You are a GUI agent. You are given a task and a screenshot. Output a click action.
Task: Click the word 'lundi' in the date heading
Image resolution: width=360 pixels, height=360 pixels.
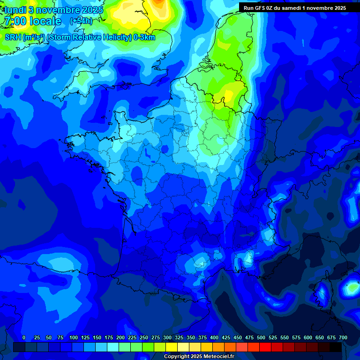pos(15,10)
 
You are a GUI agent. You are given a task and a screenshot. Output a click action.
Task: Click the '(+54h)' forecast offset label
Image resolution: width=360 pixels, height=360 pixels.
pos(81,21)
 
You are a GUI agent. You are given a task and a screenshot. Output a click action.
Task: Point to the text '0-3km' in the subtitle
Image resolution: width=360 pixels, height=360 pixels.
pos(145,37)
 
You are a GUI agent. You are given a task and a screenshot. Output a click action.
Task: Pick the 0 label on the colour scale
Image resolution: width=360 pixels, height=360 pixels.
pos(24,337)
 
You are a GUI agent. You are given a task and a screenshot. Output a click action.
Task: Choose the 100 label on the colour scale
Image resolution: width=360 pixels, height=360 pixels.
pos(74,337)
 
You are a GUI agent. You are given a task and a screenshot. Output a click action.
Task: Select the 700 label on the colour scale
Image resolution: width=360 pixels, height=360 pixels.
pos(343,337)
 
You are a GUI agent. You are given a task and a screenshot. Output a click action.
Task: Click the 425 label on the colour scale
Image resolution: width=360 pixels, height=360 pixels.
pos(226,337)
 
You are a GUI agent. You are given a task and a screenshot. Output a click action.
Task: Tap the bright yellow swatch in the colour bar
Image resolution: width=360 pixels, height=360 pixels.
pos(172,347)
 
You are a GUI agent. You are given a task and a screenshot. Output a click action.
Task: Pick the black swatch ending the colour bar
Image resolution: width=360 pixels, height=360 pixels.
pos(336,347)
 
